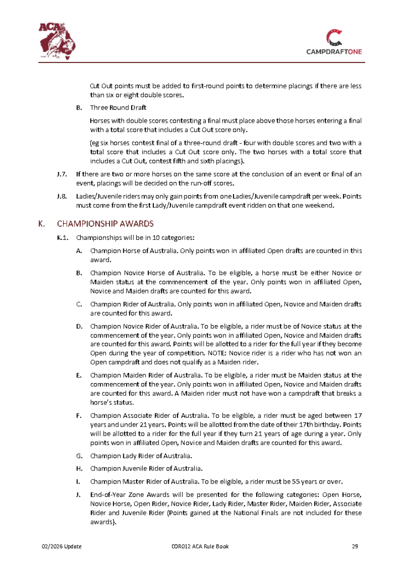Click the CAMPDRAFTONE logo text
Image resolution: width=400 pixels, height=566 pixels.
click(334, 51)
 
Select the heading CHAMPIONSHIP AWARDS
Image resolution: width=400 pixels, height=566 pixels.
click(105, 224)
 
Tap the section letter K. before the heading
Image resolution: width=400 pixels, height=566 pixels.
click(41, 224)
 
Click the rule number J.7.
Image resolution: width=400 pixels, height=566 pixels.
click(62, 174)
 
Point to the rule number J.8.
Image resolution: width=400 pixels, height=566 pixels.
click(62, 196)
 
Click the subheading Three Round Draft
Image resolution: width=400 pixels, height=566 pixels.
click(118, 108)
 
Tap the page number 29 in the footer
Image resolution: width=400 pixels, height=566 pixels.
click(355, 547)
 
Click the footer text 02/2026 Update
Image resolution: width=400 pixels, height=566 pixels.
click(62, 547)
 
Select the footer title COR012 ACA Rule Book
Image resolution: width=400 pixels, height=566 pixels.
click(200, 547)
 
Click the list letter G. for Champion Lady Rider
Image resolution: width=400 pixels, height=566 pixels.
click(79, 456)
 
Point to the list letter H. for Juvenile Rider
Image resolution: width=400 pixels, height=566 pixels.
click(79, 468)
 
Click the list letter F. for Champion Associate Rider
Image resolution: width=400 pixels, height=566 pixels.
click(79, 414)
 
